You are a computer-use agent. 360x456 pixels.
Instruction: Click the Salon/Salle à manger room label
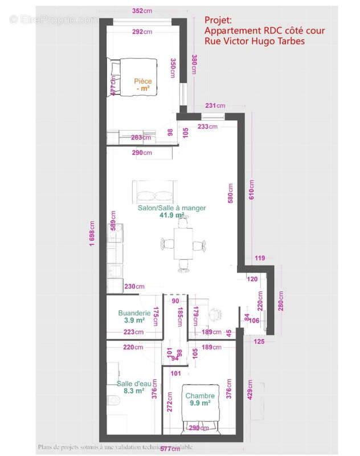(x=171, y=208)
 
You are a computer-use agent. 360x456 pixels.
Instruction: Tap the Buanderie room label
(x=134, y=313)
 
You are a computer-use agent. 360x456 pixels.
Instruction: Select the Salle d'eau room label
(x=130, y=383)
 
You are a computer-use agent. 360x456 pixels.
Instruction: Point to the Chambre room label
(x=199, y=396)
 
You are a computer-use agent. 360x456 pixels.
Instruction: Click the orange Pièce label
(x=143, y=82)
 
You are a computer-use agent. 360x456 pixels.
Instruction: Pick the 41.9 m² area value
(x=171, y=215)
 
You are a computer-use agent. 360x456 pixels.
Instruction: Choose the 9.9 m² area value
(x=200, y=403)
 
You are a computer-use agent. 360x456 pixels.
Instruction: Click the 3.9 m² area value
(x=134, y=320)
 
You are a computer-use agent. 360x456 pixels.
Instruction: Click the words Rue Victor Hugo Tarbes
(x=255, y=41)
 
